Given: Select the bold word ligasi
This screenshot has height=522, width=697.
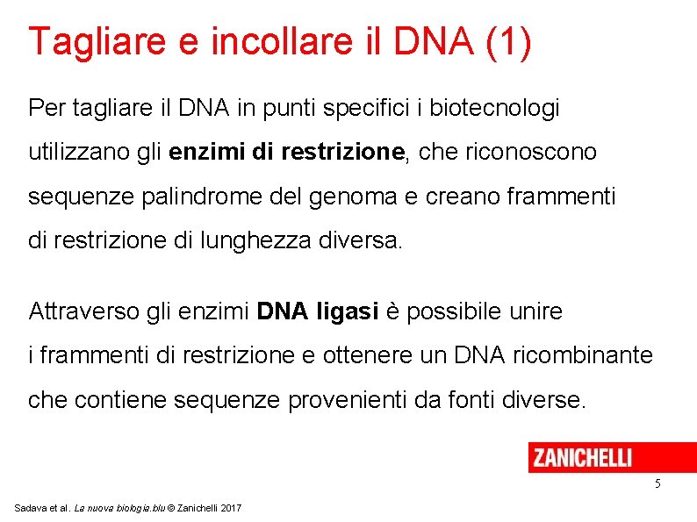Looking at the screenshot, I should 348,311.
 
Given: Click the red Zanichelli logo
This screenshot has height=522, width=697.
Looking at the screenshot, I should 581,457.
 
